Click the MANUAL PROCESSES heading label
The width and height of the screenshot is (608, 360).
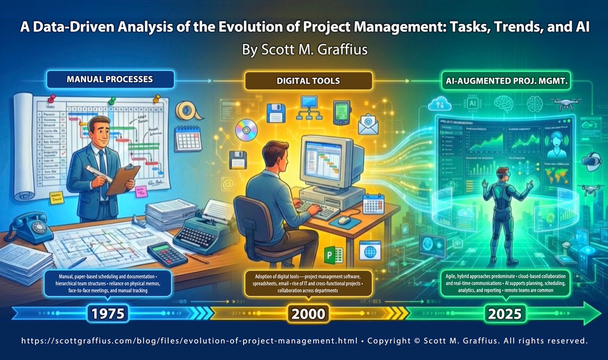click(110, 79)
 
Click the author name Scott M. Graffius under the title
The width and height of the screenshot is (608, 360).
click(303, 51)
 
